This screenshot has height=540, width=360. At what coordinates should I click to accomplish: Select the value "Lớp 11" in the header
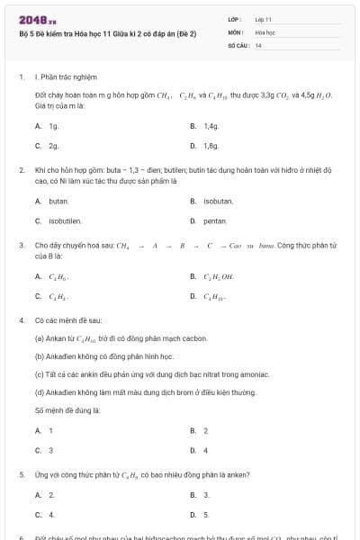coord(264,19)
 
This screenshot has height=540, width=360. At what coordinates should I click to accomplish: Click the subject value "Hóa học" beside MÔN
coord(265,31)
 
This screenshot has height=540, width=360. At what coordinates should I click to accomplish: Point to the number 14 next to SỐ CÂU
coord(258,45)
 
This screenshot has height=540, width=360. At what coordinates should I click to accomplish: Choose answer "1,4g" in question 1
coord(211,127)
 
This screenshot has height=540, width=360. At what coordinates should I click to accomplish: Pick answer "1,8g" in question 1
coord(211,146)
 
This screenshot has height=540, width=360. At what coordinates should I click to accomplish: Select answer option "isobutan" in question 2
coord(218,201)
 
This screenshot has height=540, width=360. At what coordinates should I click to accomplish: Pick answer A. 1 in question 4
coord(50,430)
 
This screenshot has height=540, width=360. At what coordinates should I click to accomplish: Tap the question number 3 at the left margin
coord(21,244)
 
